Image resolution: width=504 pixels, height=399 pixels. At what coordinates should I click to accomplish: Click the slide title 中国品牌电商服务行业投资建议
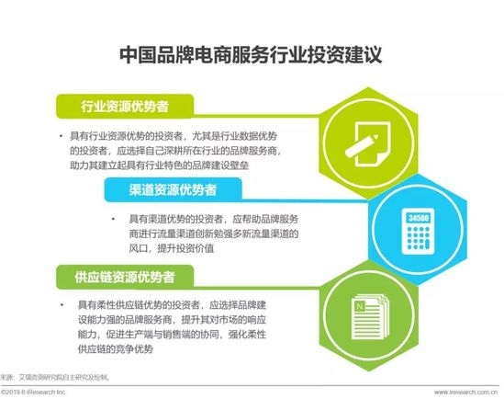(x=252, y=56)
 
